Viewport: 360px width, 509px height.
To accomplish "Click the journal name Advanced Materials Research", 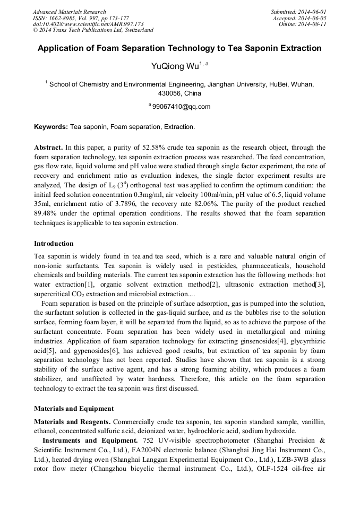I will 69,12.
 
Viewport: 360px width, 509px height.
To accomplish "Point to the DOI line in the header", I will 88,24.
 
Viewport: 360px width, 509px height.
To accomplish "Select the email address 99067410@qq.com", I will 181,106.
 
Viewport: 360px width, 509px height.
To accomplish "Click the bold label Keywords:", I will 51,127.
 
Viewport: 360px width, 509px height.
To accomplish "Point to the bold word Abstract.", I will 48,148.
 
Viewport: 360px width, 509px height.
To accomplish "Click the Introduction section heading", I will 54,244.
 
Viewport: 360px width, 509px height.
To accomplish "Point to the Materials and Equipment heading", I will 74,409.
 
